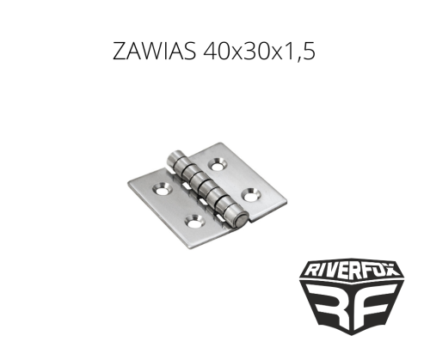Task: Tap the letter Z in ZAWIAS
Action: [x=120, y=52]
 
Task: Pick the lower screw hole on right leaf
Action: [x=251, y=194]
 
